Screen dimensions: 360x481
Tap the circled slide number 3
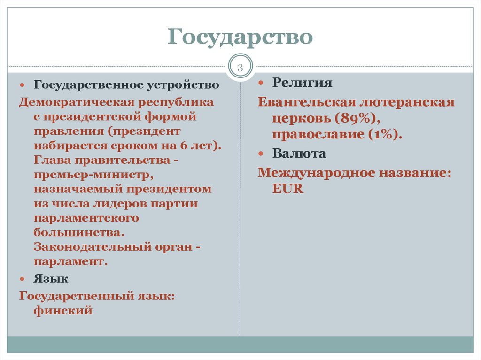click(240, 68)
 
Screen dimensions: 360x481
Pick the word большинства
click(79, 232)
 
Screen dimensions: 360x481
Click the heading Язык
click(51, 279)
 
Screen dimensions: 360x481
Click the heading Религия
click(303, 83)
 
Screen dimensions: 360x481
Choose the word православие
click(317, 135)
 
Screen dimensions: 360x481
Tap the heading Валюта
click(299, 153)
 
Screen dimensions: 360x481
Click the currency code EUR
click(287, 189)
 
